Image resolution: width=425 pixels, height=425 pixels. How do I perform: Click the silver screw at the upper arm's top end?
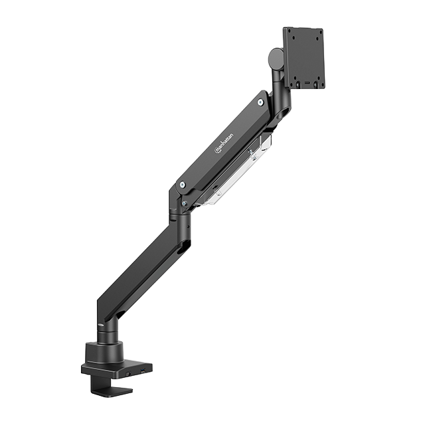pyautogui.click(x=260, y=102)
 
